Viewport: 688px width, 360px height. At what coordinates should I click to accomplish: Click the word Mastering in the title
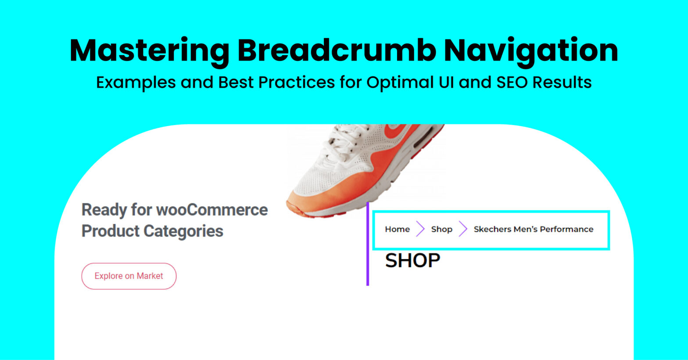(x=150, y=51)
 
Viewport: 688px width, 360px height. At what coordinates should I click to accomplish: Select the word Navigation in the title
(x=531, y=51)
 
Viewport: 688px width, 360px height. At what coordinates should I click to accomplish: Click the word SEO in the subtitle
(x=512, y=82)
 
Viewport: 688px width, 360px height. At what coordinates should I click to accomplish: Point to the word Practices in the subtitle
(x=297, y=82)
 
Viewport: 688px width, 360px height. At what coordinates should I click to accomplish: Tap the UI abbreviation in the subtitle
(x=446, y=82)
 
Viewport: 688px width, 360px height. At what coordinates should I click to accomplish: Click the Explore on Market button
(x=129, y=276)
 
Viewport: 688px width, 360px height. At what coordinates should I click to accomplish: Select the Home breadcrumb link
(x=397, y=229)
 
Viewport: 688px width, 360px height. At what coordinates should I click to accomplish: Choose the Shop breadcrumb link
(x=442, y=229)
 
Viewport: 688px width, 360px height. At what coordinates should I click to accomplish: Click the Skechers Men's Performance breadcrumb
(x=534, y=229)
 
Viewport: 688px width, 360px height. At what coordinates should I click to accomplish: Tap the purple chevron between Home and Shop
(x=420, y=229)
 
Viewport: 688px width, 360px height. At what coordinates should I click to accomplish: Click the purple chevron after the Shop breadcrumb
(x=463, y=229)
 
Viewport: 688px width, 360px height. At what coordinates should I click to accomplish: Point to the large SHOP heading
(x=412, y=260)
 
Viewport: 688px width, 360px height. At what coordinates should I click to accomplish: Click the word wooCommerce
(x=212, y=210)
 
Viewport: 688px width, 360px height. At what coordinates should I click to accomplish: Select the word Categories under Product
(x=183, y=231)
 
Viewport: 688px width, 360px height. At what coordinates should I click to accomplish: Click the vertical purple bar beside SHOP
(x=368, y=244)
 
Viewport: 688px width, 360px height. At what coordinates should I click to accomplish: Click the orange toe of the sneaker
(x=310, y=203)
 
